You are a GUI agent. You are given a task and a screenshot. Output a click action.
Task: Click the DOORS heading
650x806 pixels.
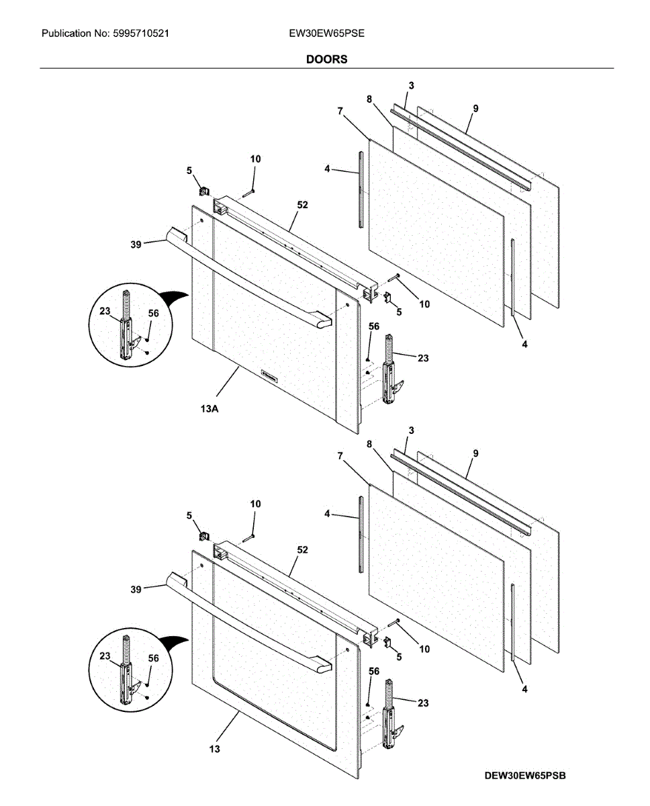[326, 59]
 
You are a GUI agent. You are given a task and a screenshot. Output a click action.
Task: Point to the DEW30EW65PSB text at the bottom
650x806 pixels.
[525, 776]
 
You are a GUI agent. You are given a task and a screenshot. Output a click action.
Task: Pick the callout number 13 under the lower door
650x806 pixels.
[214, 748]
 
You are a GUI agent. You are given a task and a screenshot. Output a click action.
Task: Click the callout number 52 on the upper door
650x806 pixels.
[302, 205]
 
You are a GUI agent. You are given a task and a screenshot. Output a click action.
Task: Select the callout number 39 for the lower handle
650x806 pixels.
[136, 589]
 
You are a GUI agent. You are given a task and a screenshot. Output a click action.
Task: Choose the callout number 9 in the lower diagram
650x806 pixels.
[475, 453]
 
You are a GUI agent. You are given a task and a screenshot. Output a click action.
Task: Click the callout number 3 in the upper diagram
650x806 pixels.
[411, 85]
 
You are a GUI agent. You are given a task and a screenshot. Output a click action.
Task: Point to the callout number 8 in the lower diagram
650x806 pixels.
[369, 443]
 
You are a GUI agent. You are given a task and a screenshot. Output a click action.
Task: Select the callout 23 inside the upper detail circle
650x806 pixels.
[105, 311]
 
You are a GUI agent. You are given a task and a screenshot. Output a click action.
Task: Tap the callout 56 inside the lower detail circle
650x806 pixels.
[153, 658]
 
